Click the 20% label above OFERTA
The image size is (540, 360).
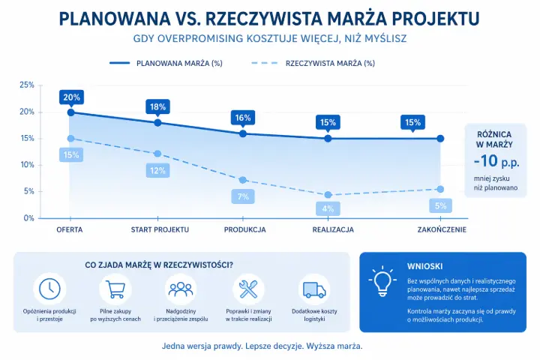click(x=72, y=97)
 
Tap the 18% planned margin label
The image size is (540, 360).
click(x=157, y=107)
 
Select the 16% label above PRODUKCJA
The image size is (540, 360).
click(x=242, y=118)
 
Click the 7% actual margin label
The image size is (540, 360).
click(x=243, y=197)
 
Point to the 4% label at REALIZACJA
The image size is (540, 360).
click(x=328, y=208)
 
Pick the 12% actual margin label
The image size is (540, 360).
click(x=157, y=170)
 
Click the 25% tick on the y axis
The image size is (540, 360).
click(x=27, y=85)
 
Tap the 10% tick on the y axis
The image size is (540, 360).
click(x=27, y=165)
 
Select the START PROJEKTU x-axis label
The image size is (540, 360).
click(x=160, y=229)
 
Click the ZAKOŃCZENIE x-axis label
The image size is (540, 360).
click(x=442, y=229)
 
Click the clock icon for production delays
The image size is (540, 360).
click(x=49, y=288)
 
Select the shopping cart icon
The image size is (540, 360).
click(x=115, y=288)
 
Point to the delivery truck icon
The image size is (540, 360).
click(x=313, y=288)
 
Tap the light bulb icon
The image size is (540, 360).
click(x=382, y=280)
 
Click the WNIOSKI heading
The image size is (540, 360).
click(x=424, y=266)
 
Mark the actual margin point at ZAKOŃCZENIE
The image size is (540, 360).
click(x=440, y=189)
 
